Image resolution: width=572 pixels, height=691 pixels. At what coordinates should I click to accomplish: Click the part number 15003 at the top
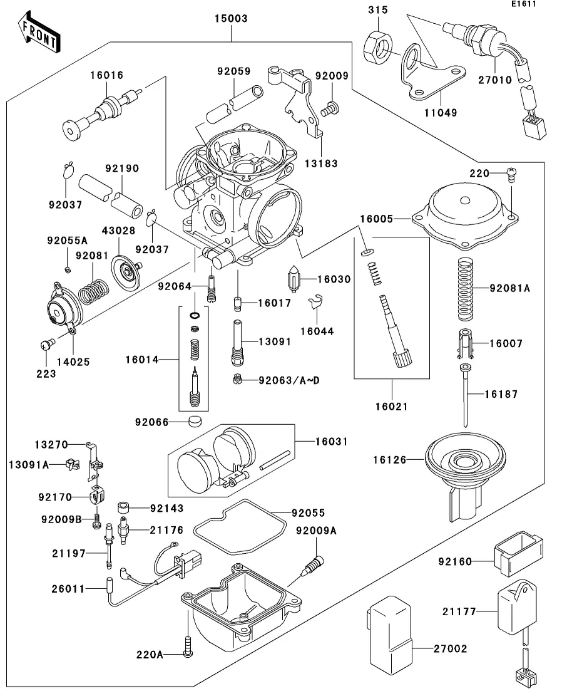(232, 19)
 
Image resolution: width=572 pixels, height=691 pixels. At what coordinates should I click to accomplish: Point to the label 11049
(441, 113)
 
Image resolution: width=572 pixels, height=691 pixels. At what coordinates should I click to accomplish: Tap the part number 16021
(392, 407)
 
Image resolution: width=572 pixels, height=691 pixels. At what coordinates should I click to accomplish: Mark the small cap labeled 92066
(197, 420)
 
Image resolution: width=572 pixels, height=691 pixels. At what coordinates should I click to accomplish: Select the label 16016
(106, 75)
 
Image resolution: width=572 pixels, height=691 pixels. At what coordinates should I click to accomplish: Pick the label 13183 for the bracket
(322, 164)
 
